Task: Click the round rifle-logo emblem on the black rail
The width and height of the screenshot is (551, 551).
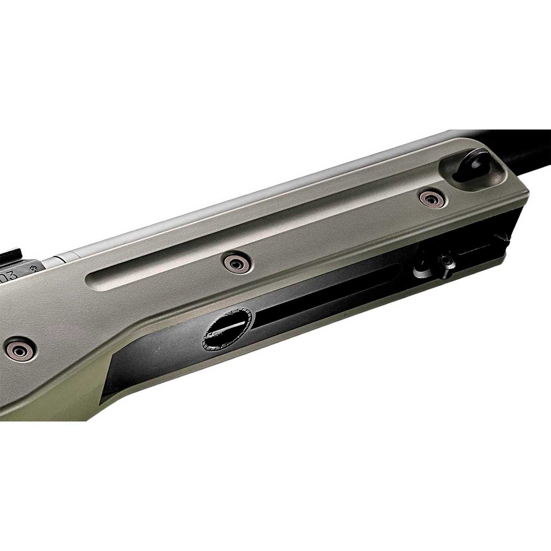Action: [227, 330]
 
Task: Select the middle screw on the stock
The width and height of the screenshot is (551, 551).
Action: [237, 263]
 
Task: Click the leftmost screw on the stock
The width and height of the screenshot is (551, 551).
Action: [20, 350]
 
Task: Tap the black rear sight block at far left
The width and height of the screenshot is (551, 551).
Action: [11, 257]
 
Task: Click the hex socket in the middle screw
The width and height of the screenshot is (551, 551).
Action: [237, 263]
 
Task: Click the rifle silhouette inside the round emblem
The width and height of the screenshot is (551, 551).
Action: [227, 330]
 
